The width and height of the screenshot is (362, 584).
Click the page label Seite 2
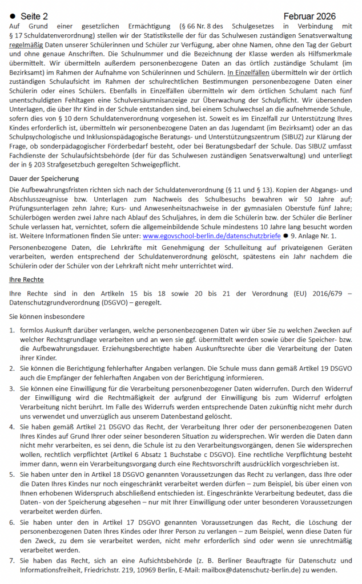click(x=34, y=17)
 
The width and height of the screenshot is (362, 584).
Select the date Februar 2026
click(x=309, y=17)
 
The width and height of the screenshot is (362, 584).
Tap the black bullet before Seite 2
click(x=13, y=17)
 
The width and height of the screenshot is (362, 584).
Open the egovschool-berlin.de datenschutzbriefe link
click(x=211, y=235)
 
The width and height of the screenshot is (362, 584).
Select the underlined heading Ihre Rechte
click(x=27, y=280)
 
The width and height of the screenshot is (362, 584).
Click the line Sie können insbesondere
click(x=47, y=316)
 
